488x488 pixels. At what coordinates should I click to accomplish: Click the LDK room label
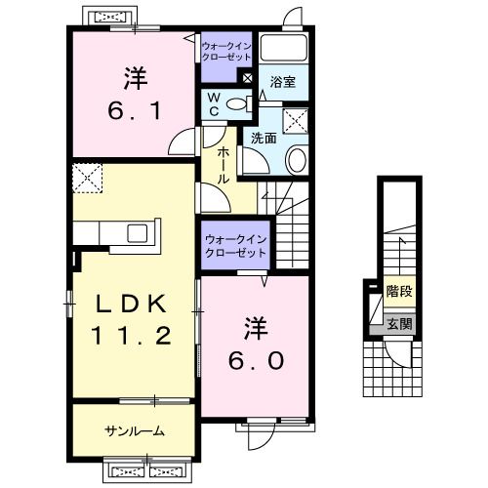pyautogui.click(x=131, y=305)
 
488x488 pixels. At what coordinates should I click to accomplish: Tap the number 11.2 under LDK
pyautogui.click(x=131, y=336)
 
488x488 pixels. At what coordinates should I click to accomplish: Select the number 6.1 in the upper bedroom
pyautogui.click(x=135, y=110)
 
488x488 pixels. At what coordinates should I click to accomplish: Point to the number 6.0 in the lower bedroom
pyautogui.click(x=256, y=361)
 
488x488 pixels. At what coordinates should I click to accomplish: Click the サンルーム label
pyautogui.click(x=135, y=431)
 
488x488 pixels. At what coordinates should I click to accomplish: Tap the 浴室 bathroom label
pyautogui.click(x=282, y=82)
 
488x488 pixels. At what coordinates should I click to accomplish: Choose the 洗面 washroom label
pyautogui.click(x=264, y=139)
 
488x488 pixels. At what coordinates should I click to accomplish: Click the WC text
pyautogui.click(x=214, y=104)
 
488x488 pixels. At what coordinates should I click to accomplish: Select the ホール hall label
pyautogui.click(x=223, y=165)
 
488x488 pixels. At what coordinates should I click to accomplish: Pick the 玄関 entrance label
pyautogui.click(x=399, y=324)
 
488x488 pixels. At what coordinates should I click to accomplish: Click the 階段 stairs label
pyautogui.click(x=399, y=291)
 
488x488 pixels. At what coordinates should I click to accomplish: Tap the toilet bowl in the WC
pyautogui.click(x=238, y=104)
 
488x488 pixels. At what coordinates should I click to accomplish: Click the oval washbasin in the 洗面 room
pyautogui.click(x=296, y=160)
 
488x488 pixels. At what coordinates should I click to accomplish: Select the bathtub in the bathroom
pyautogui.click(x=284, y=47)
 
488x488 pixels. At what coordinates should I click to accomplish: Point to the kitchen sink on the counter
pyautogui.click(x=137, y=233)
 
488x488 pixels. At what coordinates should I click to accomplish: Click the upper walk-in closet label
pyautogui.click(x=226, y=52)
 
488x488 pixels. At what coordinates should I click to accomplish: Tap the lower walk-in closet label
pyautogui.click(x=236, y=246)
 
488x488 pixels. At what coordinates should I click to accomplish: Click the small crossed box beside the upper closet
pyautogui.click(x=248, y=78)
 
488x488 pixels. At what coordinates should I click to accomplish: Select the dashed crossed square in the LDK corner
pyautogui.click(x=87, y=179)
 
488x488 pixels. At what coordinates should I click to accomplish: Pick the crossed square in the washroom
pyautogui.click(x=295, y=121)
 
